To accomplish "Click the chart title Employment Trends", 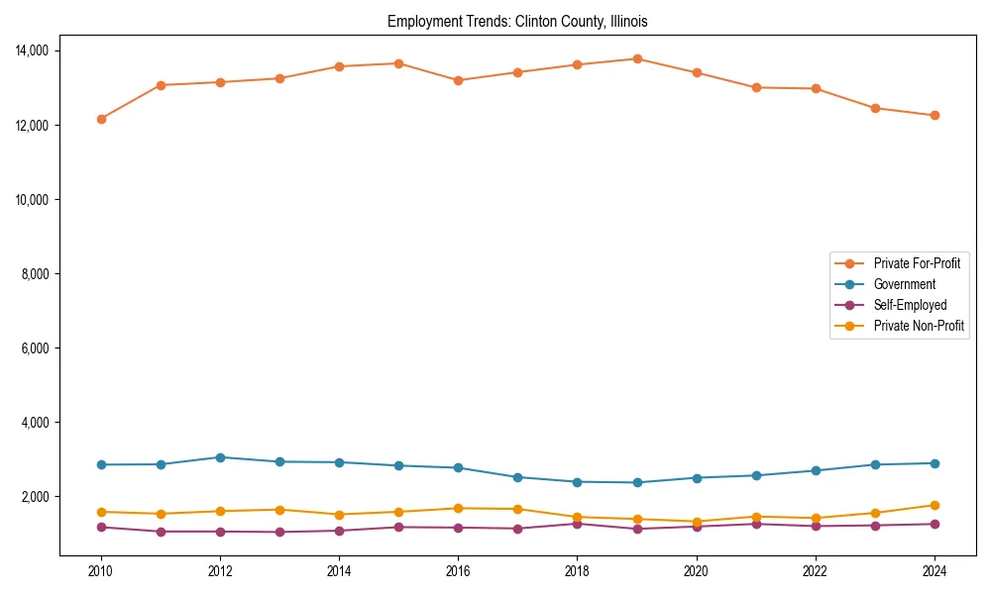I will (517, 21).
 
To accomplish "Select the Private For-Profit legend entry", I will (917, 263).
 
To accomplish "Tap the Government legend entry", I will (904, 284).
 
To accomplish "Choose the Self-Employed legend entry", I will (910, 305).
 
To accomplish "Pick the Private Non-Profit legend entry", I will (919, 326).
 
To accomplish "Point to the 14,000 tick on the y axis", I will (39, 50).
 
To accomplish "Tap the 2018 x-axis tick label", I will (577, 571).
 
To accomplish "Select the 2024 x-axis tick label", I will (934, 571).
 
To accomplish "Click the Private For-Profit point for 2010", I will (101, 119).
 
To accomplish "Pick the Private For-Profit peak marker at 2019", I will (636, 59).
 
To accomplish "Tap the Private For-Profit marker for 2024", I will (934, 116).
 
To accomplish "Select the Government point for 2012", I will (220, 457).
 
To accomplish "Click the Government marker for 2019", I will (636, 483).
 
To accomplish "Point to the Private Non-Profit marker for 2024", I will (934, 505).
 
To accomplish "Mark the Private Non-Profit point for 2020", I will (696, 522).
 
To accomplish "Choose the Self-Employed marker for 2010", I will (101, 527).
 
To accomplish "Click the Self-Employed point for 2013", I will (279, 533).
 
